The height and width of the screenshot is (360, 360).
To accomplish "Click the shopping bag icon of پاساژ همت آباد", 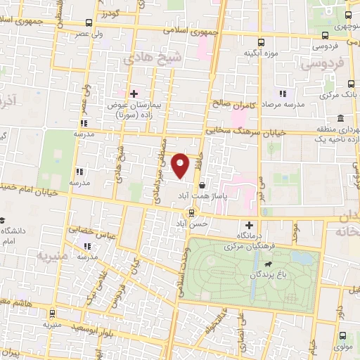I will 202,186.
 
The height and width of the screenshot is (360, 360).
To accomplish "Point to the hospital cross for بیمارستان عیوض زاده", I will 133,93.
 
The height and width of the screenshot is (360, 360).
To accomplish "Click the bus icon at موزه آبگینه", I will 262,42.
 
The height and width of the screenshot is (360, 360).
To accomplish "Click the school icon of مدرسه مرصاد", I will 282,93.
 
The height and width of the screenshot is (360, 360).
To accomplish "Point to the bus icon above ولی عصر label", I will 87,22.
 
